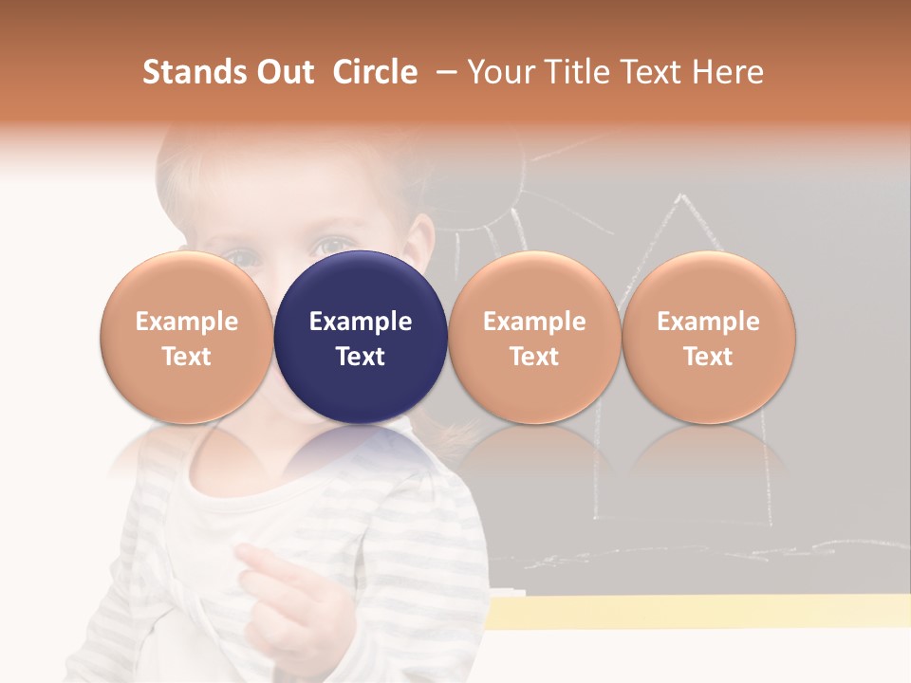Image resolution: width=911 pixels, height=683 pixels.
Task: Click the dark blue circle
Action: point(361,338)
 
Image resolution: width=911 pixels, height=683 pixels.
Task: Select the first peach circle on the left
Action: point(186,338)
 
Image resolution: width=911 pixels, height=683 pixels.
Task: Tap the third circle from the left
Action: point(534,338)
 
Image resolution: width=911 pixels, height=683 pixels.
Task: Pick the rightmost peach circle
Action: point(708,338)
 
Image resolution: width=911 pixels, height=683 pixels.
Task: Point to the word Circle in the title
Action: point(375,72)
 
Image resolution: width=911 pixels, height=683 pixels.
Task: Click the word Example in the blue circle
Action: point(361,322)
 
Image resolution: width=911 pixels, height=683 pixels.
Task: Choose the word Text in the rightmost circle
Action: point(708,357)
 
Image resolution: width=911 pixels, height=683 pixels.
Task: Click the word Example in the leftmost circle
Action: point(186,322)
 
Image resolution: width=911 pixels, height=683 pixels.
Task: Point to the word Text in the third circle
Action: point(534,357)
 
